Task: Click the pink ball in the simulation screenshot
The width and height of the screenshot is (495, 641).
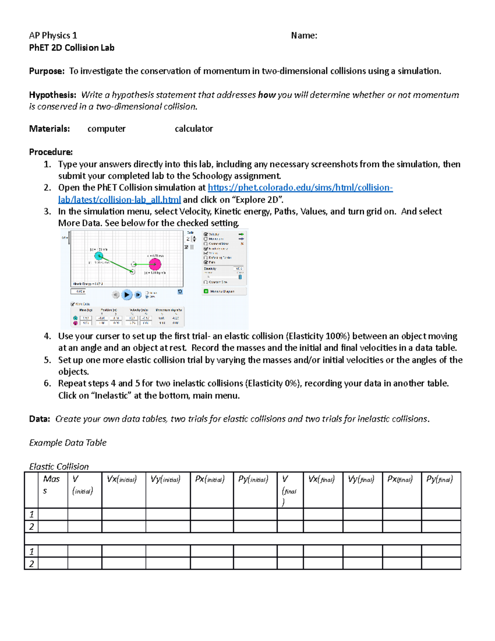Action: (x=155, y=264)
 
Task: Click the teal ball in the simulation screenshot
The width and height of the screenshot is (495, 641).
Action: (x=99, y=256)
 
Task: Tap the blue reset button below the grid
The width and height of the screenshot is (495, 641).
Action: (x=180, y=292)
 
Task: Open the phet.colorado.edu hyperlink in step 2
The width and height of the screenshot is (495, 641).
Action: (x=300, y=188)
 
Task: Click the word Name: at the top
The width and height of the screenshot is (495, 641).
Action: (x=304, y=35)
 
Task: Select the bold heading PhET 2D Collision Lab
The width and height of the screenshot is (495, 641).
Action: (x=71, y=47)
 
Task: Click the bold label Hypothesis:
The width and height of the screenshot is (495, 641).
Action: (x=52, y=95)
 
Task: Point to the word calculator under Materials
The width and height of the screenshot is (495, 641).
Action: (x=193, y=129)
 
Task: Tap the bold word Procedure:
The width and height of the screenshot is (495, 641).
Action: (x=51, y=152)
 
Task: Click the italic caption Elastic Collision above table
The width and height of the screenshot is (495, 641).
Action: (x=59, y=466)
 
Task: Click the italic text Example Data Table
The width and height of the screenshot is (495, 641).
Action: (x=68, y=442)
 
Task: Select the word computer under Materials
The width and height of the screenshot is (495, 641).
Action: (x=106, y=129)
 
